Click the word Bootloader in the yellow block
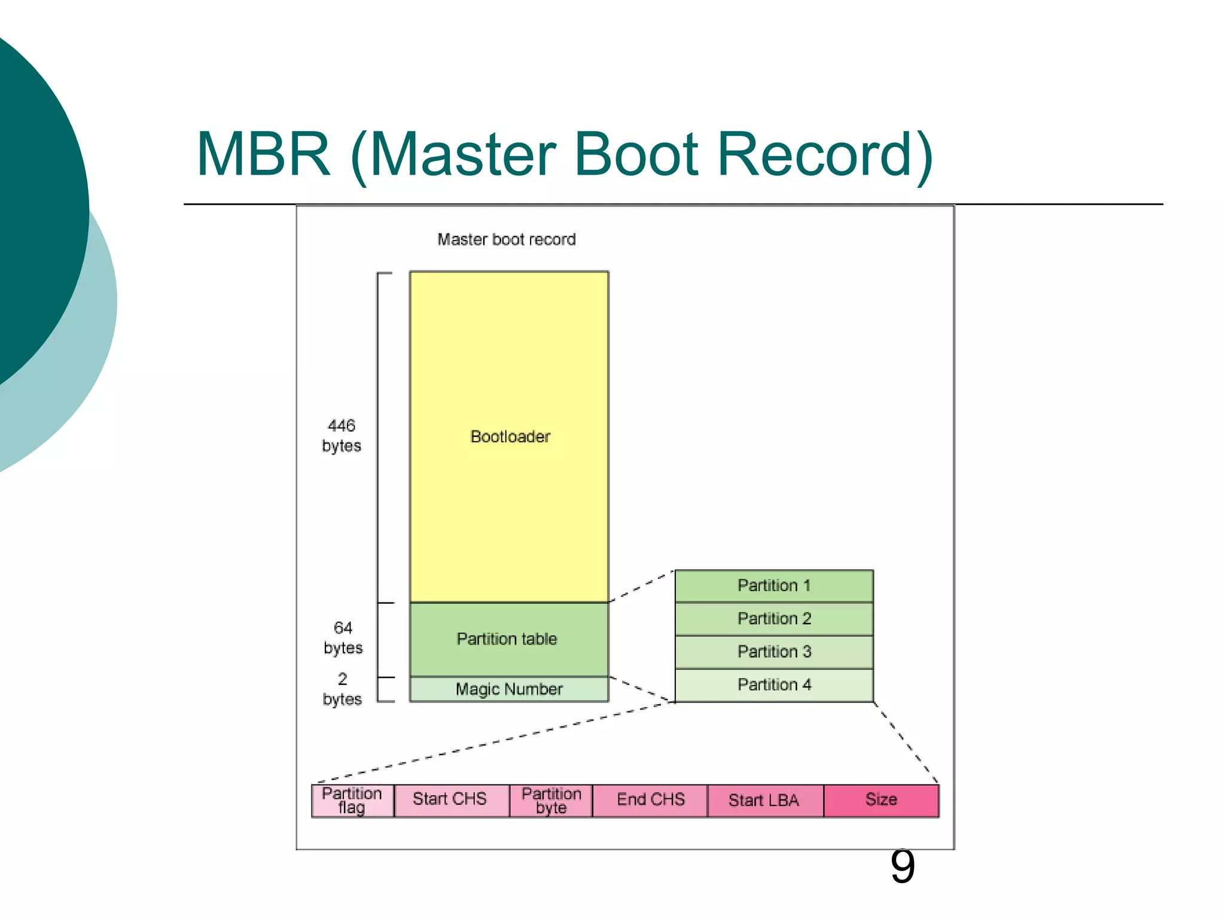510,437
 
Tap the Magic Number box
508,689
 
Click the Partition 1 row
774,586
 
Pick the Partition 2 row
774,619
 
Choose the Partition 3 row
774,652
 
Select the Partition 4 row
774,684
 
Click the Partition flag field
352,801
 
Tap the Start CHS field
450,800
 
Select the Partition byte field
551,801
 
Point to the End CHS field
651,800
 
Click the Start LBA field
764,801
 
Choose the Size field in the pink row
881,800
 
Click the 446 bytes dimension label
342,436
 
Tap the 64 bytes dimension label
343,638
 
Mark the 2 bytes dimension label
342,689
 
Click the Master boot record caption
506,239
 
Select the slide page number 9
902,866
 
